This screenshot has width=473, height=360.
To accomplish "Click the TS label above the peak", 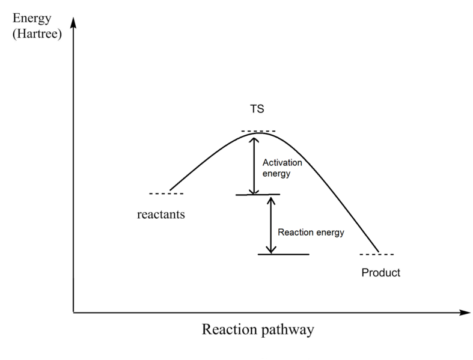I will [x=257, y=110].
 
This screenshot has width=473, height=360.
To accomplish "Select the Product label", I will [x=380, y=272].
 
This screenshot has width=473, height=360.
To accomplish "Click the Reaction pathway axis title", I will [x=258, y=331].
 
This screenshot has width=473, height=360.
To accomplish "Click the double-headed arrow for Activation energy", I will [x=254, y=163].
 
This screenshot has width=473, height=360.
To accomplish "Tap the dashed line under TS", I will [x=258, y=130].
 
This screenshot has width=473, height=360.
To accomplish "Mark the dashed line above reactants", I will [x=166, y=194].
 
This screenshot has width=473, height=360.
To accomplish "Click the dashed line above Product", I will [x=377, y=254].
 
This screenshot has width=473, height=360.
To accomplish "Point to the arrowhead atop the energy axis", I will [x=73, y=23].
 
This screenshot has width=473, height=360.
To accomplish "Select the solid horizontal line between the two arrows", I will [x=258, y=195].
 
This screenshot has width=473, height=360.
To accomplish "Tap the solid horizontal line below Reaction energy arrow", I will [x=283, y=254].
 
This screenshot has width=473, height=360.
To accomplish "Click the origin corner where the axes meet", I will [x=73, y=313].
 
